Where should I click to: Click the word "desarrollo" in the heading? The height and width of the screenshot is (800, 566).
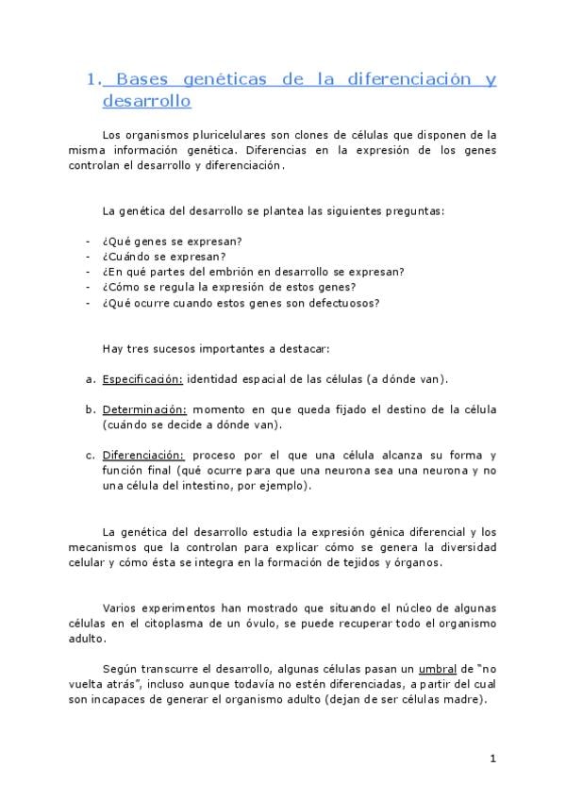(145, 100)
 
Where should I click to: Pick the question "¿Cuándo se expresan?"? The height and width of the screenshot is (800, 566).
(151, 257)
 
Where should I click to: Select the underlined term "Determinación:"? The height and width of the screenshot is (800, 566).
(145, 409)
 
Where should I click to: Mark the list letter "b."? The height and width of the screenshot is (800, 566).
(91, 409)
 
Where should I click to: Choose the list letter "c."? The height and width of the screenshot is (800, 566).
(91, 455)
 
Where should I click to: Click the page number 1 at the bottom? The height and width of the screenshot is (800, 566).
(492, 758)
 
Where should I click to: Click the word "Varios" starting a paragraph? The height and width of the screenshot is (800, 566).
(121, 608)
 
